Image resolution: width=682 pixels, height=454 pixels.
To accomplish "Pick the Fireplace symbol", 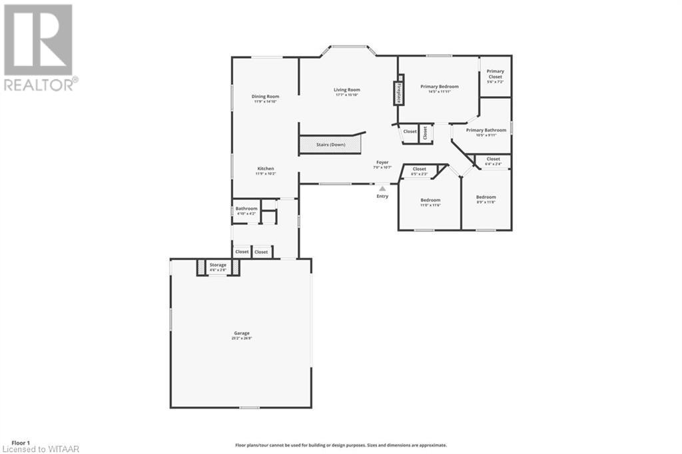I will pos(398,92).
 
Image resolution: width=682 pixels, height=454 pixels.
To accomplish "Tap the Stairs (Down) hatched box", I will pos(330,143).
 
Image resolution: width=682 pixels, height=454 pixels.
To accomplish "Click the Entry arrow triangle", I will pos(382,189).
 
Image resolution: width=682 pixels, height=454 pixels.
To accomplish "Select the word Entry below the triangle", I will pos(382,197).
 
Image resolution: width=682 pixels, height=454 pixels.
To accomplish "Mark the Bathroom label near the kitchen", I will pos(246,210).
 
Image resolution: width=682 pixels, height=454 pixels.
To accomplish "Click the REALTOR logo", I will pos(39,47).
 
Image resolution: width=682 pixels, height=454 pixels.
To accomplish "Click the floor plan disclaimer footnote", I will pos(340,445).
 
